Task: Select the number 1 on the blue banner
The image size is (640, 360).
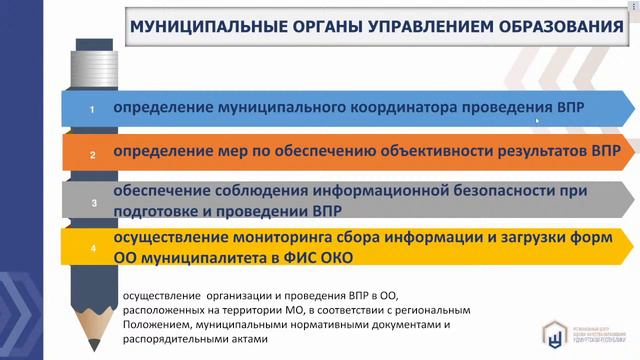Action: pos(92,109)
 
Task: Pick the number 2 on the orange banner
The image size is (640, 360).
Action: pos(92,155)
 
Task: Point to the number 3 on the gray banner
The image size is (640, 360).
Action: pos(94,204)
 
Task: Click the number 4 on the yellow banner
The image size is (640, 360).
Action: pos(92,249)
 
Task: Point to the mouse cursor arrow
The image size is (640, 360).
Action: pos(538,119)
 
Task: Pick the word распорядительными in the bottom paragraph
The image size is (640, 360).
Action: pos(179,338)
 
